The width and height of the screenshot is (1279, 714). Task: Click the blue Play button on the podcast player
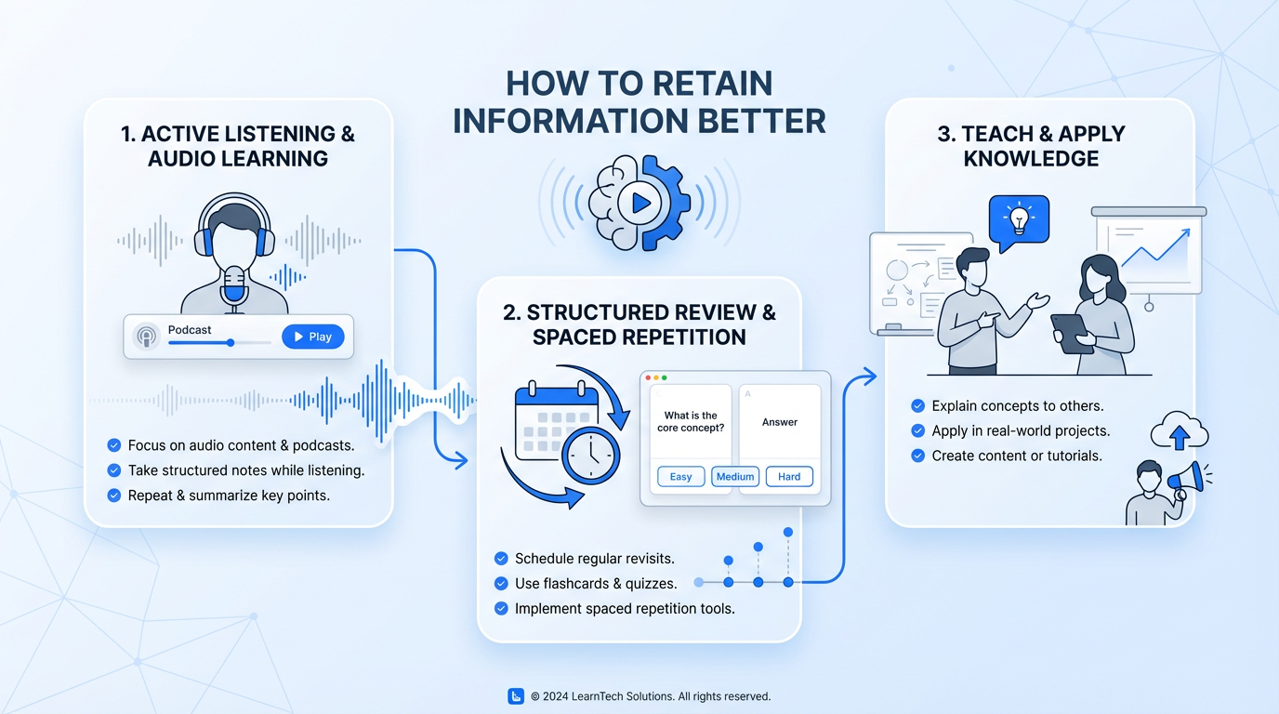(312, 337)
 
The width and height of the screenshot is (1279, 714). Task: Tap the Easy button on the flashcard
(680, 477)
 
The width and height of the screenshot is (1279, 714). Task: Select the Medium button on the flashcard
(735, 477)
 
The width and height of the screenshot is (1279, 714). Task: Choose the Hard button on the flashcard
(789, 477)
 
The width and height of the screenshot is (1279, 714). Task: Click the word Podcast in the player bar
(190, 330)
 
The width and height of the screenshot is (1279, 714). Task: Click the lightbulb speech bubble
(1019, 220)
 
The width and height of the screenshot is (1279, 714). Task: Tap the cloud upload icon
(1179, 432)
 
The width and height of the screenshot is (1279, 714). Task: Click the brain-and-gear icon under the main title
(639, 203)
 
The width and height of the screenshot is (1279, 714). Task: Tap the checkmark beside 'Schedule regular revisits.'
(502, 559)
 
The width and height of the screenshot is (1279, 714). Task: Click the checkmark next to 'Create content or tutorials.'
(917, 456)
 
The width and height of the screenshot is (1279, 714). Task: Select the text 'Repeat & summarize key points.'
(229, 496)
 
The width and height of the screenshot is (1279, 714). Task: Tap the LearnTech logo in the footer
(516, 696)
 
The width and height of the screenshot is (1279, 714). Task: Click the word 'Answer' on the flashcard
(780, 422)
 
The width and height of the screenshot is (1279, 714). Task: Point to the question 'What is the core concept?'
(691, 421)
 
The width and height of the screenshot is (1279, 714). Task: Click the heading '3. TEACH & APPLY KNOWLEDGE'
(1031, 146)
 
